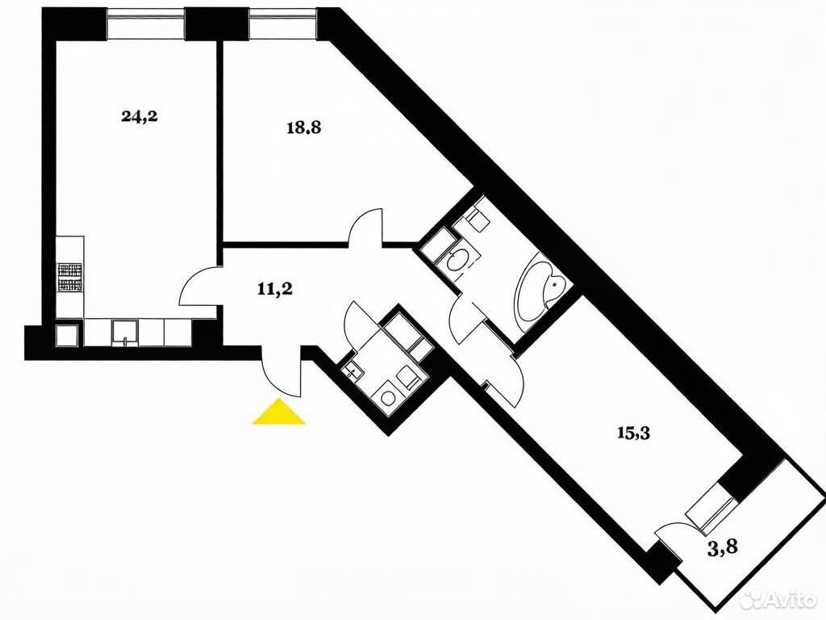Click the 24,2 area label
tap(139, 116)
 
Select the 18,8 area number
tap(303, 128)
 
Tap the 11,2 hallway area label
tap(275, 290)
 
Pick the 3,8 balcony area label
tap(722, 548)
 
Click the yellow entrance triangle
tap(278, 412)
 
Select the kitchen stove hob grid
tap(71, 278)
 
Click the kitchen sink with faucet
tap(125, 333)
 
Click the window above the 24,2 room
tap(147, 23)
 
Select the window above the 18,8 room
tap(283, 23)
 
